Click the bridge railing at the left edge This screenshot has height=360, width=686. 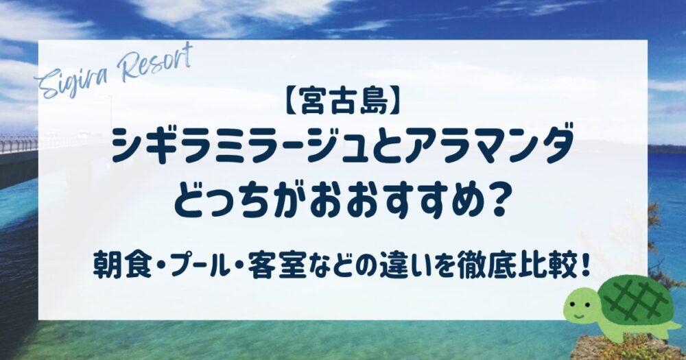click(19, 143)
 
